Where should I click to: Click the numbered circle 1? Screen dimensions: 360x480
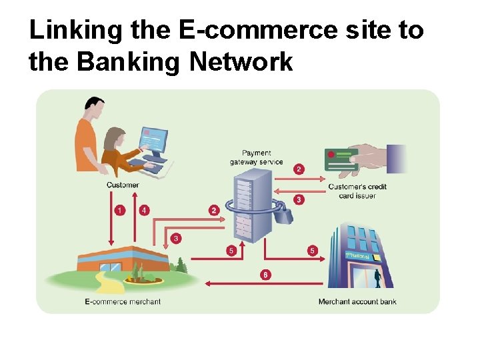(x=119, y=211)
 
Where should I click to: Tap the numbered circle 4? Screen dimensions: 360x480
(x=144, y=211)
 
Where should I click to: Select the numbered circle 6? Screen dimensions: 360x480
(x=266, y=275)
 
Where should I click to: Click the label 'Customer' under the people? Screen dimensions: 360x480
(x=123, y=185)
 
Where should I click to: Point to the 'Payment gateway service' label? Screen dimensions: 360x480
(x=257, y=157)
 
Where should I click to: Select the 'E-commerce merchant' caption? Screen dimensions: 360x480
(x=123, y=301)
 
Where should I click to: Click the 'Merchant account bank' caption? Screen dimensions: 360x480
(x=357, y=301)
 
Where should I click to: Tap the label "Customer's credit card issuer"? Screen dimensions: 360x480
(x=357, y=191)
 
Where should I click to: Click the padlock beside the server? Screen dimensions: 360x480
(x=283, y=214)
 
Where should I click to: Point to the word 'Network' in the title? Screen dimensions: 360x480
(x=241, y=61)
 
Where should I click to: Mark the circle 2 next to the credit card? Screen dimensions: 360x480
(x=299, y=169)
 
